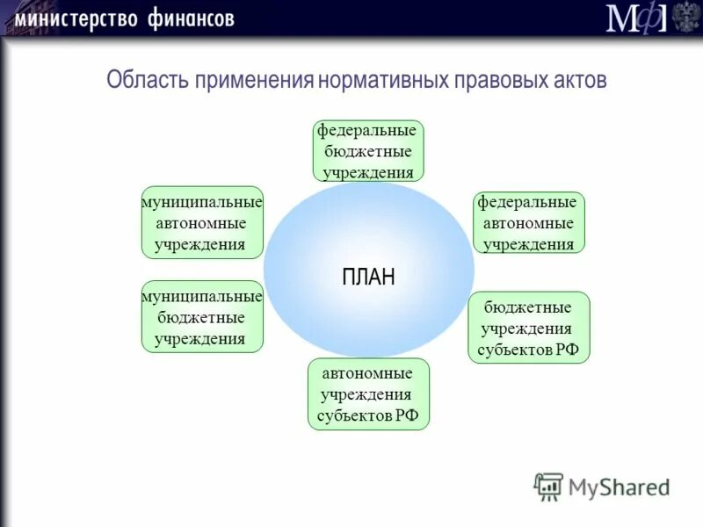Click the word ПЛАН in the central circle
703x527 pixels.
coord(368,277)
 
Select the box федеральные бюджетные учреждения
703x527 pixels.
coord(368,151)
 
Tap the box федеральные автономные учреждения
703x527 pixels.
coord(529,223)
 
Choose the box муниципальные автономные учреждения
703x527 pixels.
coord(202,223)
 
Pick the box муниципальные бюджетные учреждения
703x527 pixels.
coord(202,317)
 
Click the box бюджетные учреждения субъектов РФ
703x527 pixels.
coord(529,328)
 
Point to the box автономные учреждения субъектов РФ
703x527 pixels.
coord(368,393)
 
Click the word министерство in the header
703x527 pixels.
coord(73,18)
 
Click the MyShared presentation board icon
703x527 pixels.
coord(548,486)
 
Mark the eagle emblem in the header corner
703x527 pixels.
coord(685,18)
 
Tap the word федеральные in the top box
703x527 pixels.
coord(366,130)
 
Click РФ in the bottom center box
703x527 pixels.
coord(405,415)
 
